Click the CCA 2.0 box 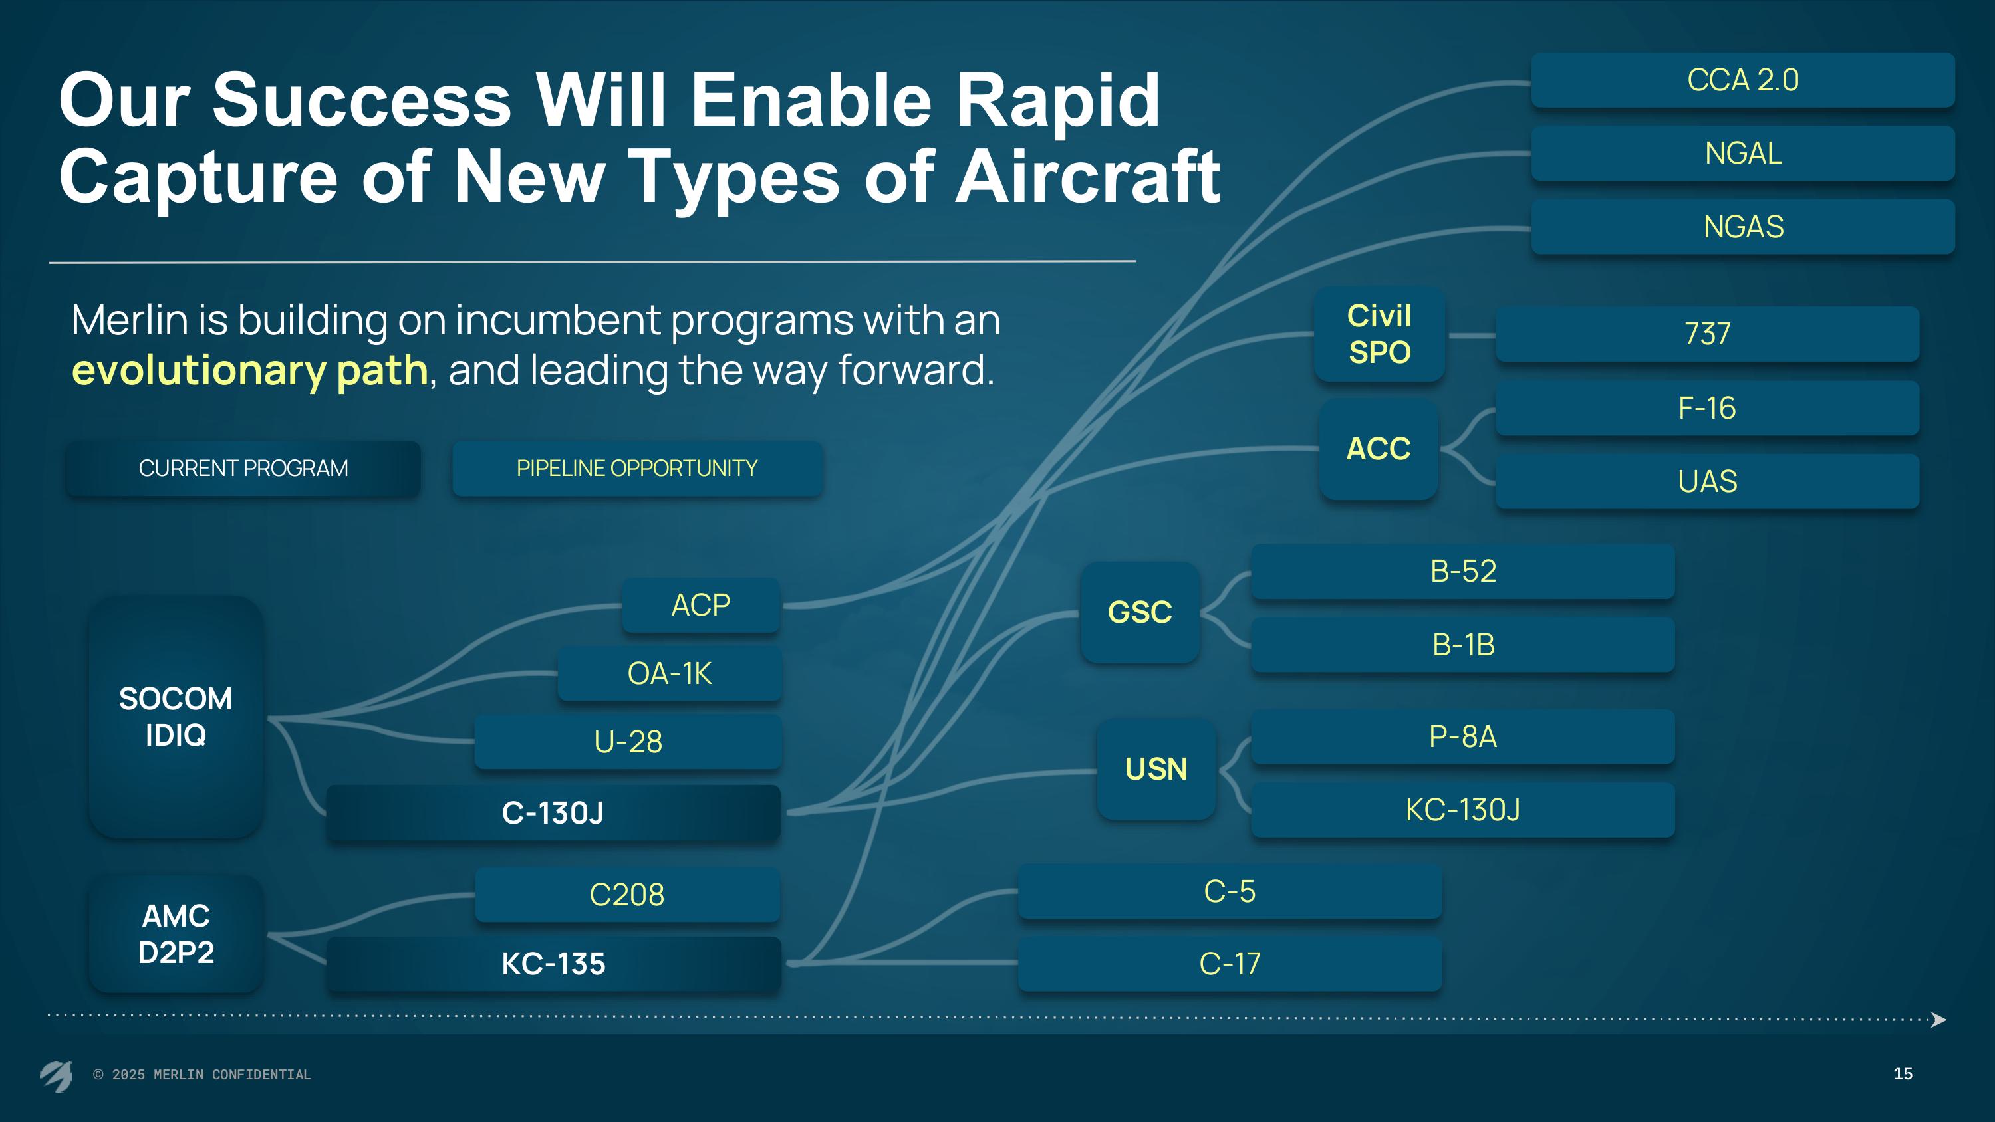tap(1742, 80)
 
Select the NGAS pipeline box tap(1742, 227)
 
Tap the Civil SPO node tap(1379, 334)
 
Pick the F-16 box tap(1707, 408)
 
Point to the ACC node tap(1379, 449)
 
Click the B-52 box tap(1463, 572)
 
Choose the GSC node tap(1140, 612)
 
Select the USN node tap(1156, 769)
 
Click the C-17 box tap(1230, 964)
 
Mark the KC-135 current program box tap(553, 964)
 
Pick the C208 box tap(627, 895)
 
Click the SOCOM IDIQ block tap(176, 717)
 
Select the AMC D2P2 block tap(176, 934)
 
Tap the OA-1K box tap(669, 673)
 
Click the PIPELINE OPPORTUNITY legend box tap(637, 469)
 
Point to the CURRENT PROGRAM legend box tap(243, 469)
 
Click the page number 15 tap(1903, 1074)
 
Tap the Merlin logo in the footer tap(57, 1075)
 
